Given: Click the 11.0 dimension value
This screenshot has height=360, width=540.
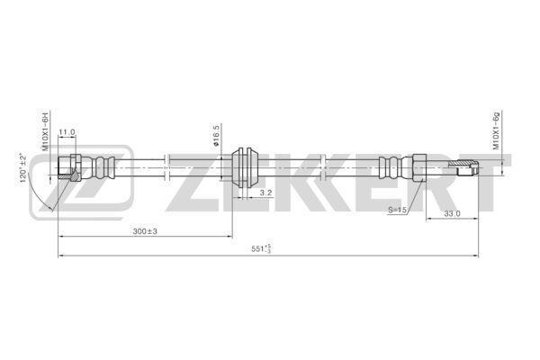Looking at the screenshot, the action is (67, 132).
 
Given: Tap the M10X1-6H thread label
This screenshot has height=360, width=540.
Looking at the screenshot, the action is (46, 130).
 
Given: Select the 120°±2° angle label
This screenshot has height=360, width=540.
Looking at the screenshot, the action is (23, 167).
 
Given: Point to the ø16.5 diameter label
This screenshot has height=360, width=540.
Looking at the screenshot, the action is (216, 135).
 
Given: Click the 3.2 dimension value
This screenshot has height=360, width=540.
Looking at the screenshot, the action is (265, 193).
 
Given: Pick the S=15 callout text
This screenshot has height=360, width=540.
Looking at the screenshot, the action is (398, 210).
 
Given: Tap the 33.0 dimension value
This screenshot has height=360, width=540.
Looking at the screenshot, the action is (452, 213).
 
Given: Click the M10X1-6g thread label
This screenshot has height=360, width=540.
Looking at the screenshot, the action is (496, 130).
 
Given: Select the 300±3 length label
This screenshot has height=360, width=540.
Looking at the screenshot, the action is (145, 231).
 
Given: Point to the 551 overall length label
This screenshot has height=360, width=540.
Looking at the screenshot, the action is (261, 248).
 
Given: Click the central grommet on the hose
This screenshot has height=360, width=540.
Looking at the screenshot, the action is (244, 168).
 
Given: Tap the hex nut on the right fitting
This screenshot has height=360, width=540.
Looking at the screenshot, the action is (419, 167).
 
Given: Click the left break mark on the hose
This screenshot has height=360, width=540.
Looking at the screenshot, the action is (166, 167).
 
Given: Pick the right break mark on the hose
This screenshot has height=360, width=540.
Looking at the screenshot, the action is (323, 167).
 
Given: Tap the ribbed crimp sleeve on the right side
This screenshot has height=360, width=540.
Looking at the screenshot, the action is (391, 167).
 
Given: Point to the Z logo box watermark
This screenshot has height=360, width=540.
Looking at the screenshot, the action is (81, 182).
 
